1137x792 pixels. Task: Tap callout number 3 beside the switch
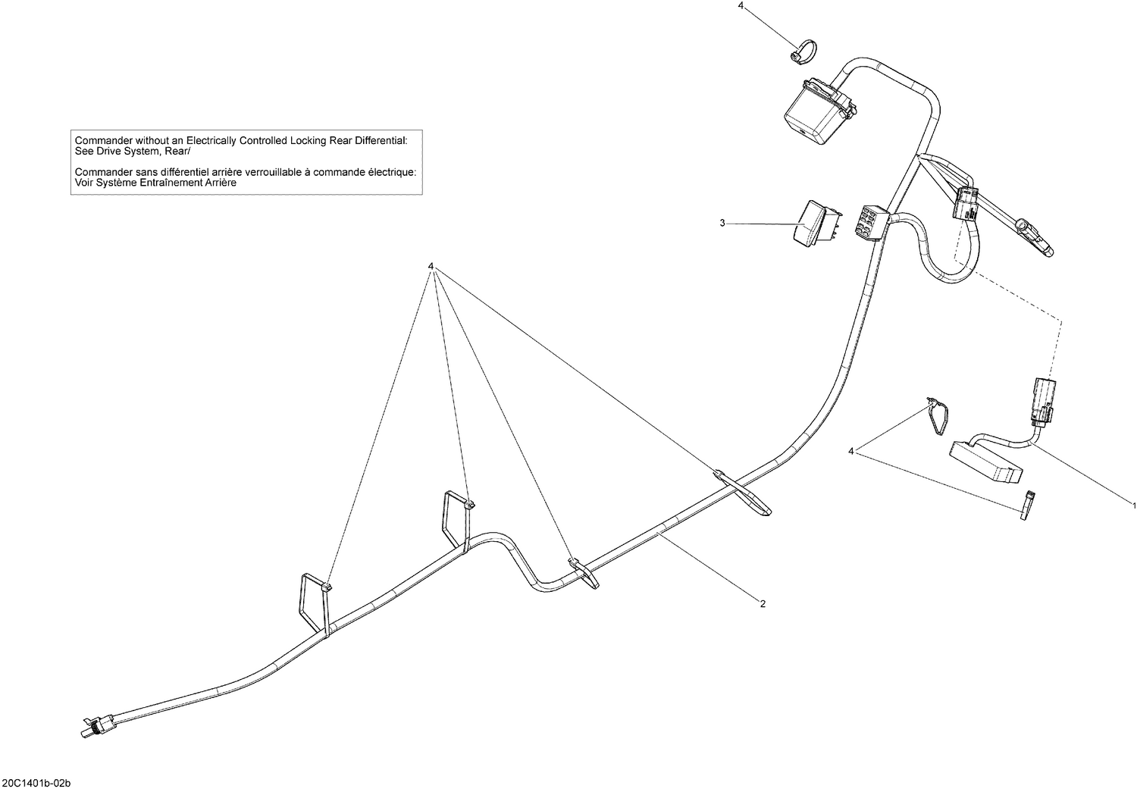point(722,223)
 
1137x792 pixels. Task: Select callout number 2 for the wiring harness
point(763,604)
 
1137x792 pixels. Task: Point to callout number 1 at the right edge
point(1133,505)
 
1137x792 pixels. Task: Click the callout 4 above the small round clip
point(741,6)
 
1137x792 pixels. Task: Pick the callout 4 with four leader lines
point(431,267)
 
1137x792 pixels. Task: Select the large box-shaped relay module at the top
point(817,108)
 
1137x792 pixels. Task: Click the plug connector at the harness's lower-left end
point(95,726)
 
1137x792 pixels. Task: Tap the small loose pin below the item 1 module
point(1029,506)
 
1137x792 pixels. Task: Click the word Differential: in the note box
point(381,140)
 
